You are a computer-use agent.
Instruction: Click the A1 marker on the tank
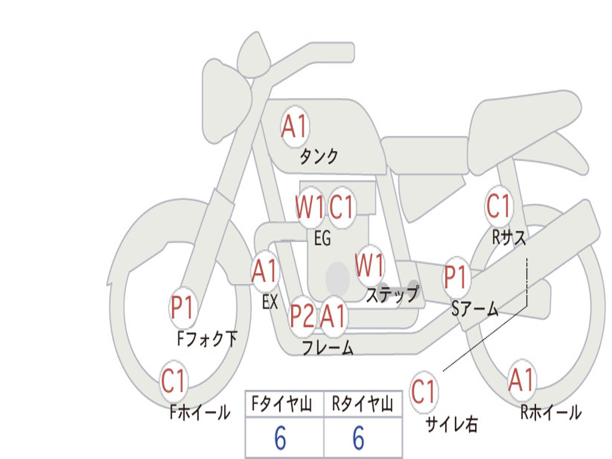coord(295,127)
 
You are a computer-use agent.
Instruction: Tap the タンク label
coord(319,156)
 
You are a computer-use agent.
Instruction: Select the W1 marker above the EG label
coord(310,207)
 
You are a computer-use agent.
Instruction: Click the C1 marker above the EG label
coord(341,207)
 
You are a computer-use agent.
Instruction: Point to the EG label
coord(322,238)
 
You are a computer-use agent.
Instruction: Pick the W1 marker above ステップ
coord(369,266)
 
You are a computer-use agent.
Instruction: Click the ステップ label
coord(392,294)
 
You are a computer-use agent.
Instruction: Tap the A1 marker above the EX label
coord(265,271)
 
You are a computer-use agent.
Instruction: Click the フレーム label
coord(328,347)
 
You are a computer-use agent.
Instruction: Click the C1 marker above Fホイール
coord(173,381)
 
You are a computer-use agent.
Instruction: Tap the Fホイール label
coord(200,412)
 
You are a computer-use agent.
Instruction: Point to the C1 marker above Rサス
coord(498,206)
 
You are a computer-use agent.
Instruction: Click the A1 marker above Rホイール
coord(521,380)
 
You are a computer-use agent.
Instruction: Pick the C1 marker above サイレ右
coord(423,391)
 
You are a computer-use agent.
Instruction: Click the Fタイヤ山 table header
coord(282,403)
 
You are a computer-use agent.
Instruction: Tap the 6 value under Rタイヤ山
coord(359,438)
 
